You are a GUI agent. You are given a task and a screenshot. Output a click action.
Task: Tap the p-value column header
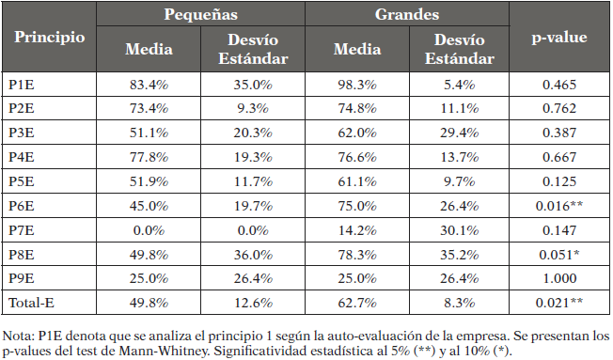(x=558, y=38)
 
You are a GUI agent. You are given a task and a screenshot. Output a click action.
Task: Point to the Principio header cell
(x=49, y=38)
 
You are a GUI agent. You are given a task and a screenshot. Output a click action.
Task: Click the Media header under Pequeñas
(x=149, y=51)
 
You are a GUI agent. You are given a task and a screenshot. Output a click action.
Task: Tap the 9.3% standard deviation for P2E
(x=252, y=106)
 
